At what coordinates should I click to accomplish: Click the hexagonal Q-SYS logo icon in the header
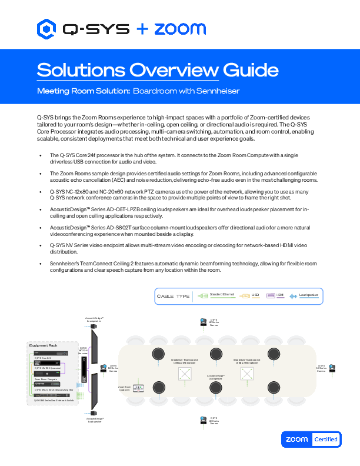[45, 28]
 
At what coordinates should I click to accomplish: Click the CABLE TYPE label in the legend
[173, 296]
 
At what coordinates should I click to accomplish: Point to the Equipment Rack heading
[45, 345]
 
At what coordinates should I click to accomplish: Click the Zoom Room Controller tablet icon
[139, 388]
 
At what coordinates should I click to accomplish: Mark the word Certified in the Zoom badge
[325, 439]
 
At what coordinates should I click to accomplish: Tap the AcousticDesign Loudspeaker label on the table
[215, 377]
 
